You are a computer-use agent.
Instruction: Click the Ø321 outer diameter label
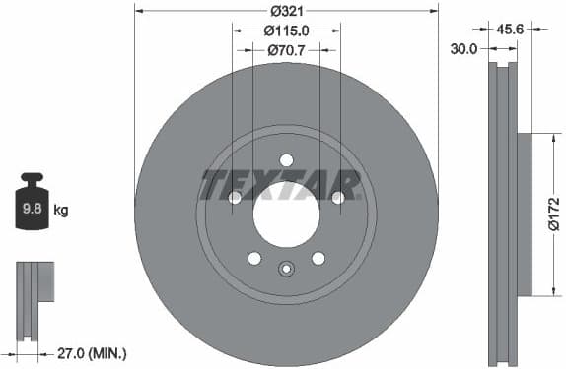(x=286, y=11)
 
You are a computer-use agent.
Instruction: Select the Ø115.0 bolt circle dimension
(x=287, y=31)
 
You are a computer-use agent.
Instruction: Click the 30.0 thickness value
(x=464, y=47)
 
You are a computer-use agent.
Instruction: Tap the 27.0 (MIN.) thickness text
(x=95, y=352)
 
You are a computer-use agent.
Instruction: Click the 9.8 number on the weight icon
(x=32, y=209)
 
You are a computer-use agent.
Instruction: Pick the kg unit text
(x=61, y=210)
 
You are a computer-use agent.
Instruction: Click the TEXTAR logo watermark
(x=280, y=184)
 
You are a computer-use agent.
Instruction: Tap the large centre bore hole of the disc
(x=286, y=215)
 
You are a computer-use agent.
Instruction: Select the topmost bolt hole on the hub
(x=286, y=160)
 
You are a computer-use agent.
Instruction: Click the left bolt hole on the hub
(x=235, y=198)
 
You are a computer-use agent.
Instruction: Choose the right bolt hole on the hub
(x=338, y=198)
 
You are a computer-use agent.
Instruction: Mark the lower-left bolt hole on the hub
(x=254, y=258)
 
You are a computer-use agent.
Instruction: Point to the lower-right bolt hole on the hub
(x=318, y=258)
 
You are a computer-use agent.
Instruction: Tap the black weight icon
(x=32, y=203)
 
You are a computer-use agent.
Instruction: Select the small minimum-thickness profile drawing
(x=35, y=295)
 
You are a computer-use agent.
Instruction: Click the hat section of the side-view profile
(x=523, y=215)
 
